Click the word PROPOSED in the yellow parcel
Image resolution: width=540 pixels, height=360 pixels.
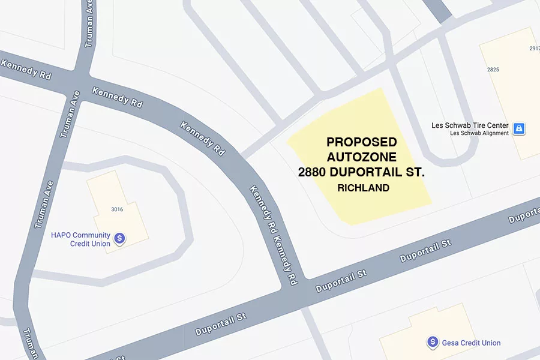361,142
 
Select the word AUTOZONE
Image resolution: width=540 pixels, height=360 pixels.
361,157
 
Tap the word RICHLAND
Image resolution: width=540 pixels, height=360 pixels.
363,188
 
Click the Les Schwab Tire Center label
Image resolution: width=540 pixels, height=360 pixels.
470,125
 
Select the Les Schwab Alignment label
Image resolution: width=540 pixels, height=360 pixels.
479,133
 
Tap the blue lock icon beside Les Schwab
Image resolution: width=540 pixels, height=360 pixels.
519,128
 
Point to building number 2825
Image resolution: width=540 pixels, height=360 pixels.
493,70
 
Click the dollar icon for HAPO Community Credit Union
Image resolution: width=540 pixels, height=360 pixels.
119,239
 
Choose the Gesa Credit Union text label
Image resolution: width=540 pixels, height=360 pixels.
471,343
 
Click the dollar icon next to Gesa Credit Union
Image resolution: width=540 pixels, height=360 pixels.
432,343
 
